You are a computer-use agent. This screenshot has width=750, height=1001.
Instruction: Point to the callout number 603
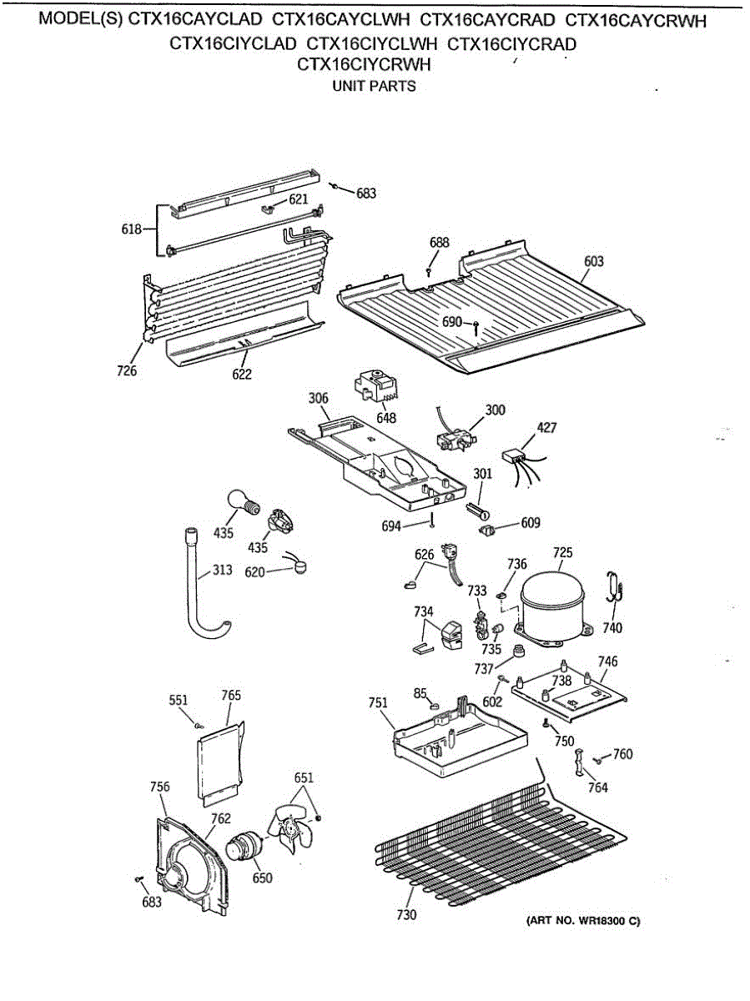[x=593, y=261]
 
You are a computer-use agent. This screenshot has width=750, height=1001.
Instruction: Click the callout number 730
[x=405, y=915]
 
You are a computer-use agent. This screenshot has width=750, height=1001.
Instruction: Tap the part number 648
[x=386, y=418]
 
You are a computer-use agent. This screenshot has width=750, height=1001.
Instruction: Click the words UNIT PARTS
[x=375, y=86]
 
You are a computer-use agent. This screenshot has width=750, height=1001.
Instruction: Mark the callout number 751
[x=378, y=703]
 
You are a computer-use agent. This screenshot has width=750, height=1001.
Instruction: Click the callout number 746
[x=607, y=661]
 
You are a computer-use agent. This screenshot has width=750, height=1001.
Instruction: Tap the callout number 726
[x=127, y=371]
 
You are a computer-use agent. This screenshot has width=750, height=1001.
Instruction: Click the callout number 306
[x=318, y=399]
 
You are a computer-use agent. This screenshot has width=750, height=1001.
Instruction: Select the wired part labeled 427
[x=516, y=458]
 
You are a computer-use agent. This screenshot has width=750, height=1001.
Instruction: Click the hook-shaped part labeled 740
[x=615, y=587]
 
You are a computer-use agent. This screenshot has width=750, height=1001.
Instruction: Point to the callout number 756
[x=159, y=787]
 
